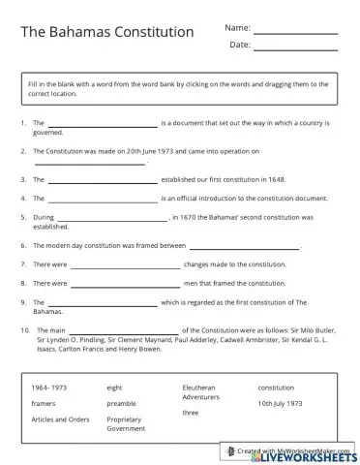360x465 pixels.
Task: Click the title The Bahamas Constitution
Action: pyautogui.click(x=107, y=32)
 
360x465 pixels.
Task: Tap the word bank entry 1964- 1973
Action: pyautogui.click(x=47, y=387)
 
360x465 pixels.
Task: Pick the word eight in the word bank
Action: pyautogui.click(x=115, y=387)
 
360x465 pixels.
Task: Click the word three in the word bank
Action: pyautogui.click(x=191, y=412)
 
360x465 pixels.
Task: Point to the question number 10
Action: pyautogui.click(x=23, y=331)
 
